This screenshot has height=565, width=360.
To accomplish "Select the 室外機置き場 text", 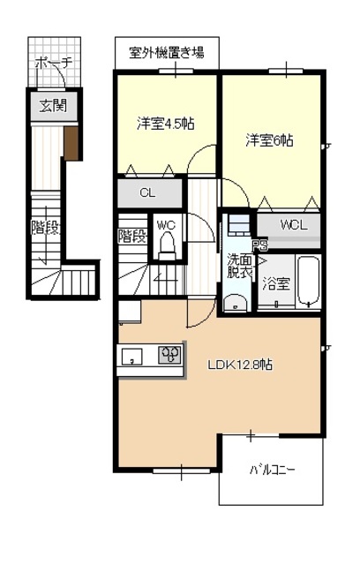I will [167, 52].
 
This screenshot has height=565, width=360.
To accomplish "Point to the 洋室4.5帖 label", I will [165, 124].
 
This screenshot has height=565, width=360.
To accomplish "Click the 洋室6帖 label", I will [269, 140].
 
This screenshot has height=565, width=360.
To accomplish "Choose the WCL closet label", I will [295, 225].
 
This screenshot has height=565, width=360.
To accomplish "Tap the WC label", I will [166, 226].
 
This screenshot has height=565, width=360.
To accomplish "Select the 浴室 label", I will [277, 283].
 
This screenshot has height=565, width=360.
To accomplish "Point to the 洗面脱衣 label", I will [239, 267].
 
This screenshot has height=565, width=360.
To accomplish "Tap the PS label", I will [259, 246].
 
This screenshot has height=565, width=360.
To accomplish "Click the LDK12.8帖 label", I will [239, 364].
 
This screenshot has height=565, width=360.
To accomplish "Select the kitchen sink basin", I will [132, 358].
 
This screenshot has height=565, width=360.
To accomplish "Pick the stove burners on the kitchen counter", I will [169, 357].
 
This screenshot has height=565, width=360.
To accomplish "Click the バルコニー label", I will [271, 470].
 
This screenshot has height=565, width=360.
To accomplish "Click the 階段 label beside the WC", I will [132, 237].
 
